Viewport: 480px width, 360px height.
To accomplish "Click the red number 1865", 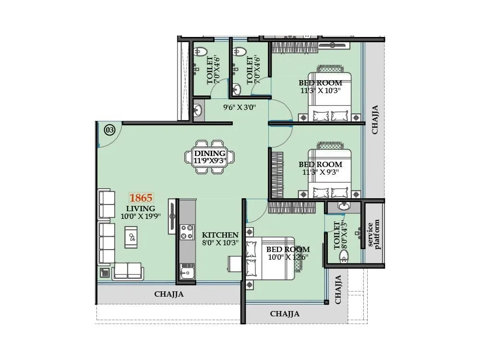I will (x=141, y=198).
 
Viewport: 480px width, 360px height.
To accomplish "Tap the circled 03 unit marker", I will (x=109, y=130).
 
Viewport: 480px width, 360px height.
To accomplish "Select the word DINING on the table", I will (x=210, y=153).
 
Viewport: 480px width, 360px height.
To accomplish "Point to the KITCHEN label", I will (x=220, y=235).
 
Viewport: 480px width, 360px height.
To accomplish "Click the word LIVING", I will (x=141, y=208).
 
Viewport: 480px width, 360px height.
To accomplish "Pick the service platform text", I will (x=373, y=234).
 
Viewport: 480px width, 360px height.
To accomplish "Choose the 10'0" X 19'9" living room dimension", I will (x=140, y=216).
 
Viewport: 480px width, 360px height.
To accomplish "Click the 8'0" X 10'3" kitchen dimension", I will (x=220, y=243).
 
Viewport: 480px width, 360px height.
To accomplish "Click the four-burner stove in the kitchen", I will (x=186, y=233).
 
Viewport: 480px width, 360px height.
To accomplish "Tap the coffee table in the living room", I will (x=131, y=237).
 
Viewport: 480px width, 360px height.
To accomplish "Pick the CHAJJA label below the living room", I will (x=168, y=294).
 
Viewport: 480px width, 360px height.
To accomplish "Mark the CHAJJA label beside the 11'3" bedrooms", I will (x=374, y=119).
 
